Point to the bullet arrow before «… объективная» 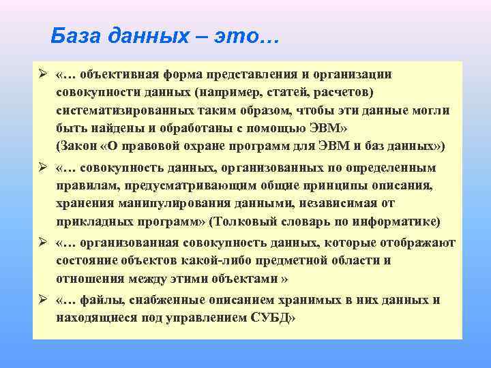tap(42, 74)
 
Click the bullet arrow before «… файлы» tap(42, 301)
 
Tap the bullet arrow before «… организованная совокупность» tap(42, 243)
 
